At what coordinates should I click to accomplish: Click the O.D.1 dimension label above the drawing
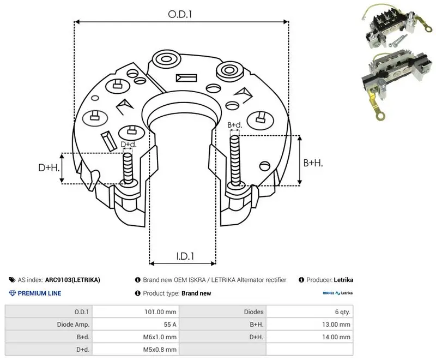[x=180, y=14]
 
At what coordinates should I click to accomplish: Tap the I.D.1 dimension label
[x=185, y=256]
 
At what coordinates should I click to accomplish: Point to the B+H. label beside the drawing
[x=313, y=163]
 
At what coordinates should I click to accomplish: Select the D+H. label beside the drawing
[x=49, y=167]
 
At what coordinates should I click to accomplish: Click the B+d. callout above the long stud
[x=235, y=125]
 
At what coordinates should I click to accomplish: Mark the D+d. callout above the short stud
[x=129, y=145]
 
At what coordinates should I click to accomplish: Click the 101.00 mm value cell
[x=160, y=312]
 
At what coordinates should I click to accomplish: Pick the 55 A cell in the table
[x=170, y=325]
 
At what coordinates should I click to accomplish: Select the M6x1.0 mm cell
[x=160, y=337]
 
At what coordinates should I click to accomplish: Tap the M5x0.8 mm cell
[x=160, y=350]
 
